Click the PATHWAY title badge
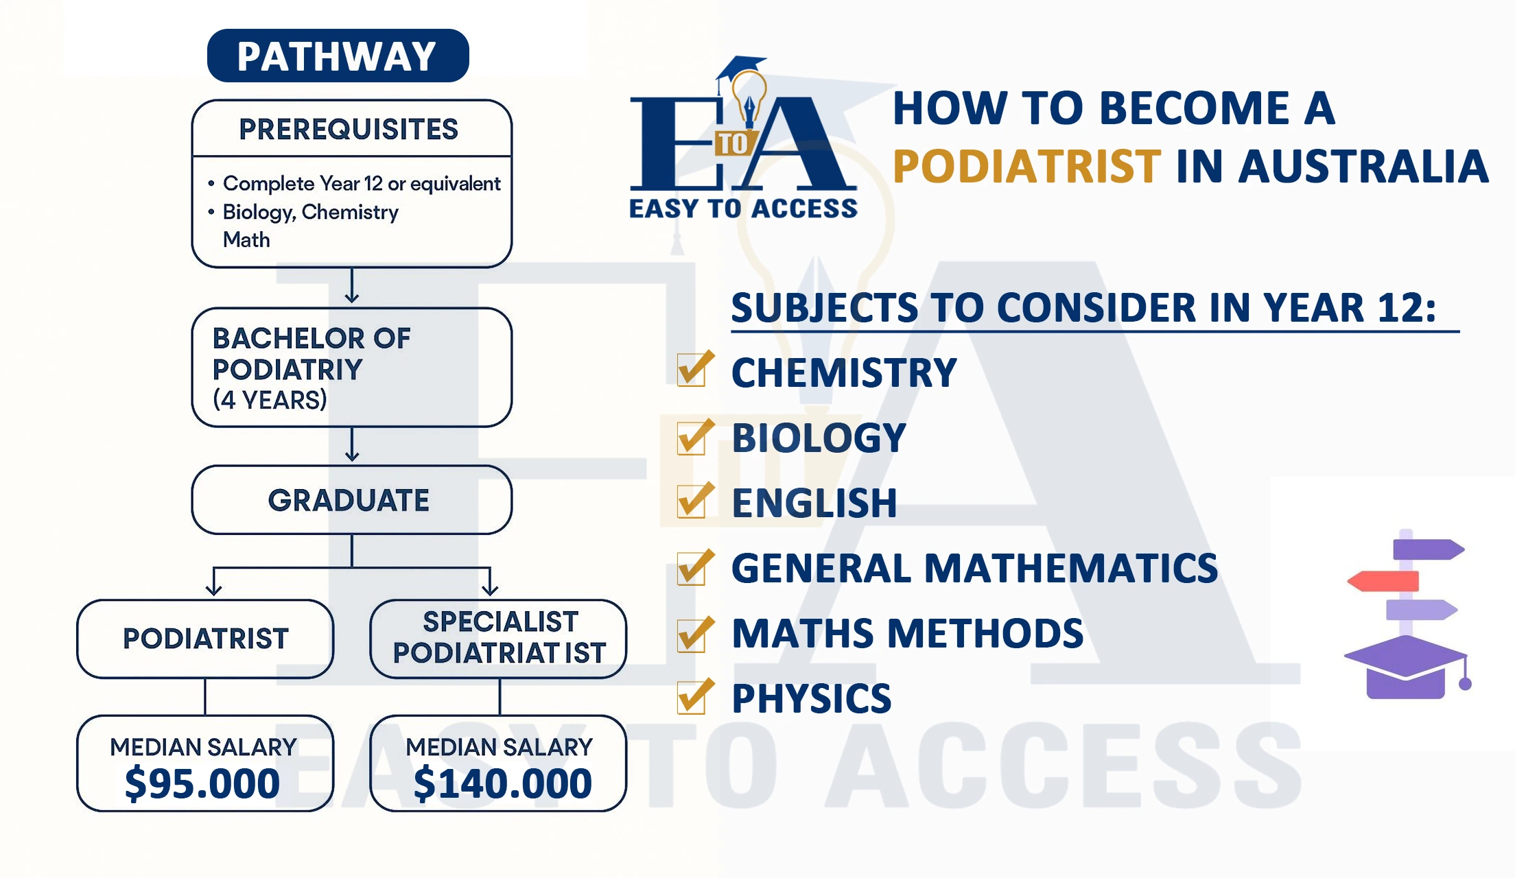point(338,56)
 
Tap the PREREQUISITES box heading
point(349,129)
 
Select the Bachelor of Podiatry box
point(352,368)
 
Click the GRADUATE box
point(352,500)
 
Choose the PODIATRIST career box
point(205,639)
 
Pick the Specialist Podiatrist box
point(499,639)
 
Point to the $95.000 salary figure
point(202,783)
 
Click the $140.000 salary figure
point(502,783)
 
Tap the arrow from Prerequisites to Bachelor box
point(352,285)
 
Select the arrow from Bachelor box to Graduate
point(352,444)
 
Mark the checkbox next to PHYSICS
point(694,696)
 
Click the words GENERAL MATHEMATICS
point(974,568)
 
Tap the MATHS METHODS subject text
point(907,633)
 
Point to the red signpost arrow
point(1383,581)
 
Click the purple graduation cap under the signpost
point(1407,667)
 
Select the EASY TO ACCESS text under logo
point(743,209)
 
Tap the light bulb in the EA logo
point(749,99)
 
